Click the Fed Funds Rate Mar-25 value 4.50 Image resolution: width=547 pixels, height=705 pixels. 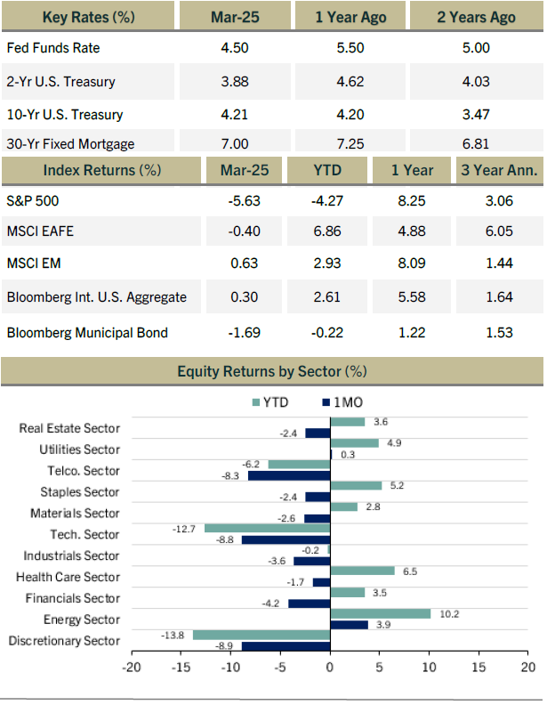pyautogui.click(x=235, y=48)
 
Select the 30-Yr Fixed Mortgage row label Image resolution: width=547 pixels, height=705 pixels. pyautogui.click(x=70, y=144)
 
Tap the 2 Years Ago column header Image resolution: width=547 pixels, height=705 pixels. pyautogui.click(x=476, y=17)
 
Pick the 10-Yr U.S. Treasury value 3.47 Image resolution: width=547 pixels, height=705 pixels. pyautogui.click(x=476, y=114)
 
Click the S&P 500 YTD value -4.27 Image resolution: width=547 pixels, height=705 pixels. pyautogui.click(x=327, y=200)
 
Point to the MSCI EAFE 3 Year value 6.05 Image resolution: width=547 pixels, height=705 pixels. pyautogui.click(x=499, y=231)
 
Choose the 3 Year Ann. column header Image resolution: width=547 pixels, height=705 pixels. pyautogui.click(x=499, y=170)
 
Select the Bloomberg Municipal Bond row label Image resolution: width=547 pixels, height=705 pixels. pyautogui.click(x=87, y=333)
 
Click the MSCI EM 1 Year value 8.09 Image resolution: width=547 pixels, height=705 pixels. pyautogui.click(x=412, y=263)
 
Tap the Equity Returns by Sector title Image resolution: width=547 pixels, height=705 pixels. pyautogui.click(x=272, y=371)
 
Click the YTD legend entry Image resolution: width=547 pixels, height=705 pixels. pyautogui.click(x=270, y=402)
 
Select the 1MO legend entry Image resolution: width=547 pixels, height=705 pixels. pyautogui.click(x=342, y=402)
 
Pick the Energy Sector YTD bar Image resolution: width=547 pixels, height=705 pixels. pyautogui.click(x=381, y=613)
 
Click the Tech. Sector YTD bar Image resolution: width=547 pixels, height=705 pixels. pyautogui.click(x=267, y=528)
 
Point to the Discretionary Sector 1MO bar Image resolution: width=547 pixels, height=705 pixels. pyautogui.click(x=286, y=646)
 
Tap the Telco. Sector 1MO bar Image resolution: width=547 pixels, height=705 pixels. pyautogui.click(x=289, y=475)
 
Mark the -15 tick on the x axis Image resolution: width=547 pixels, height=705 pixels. pyautogui.click(x=181, y=668)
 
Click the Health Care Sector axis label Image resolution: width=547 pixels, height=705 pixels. pyautogui.click(x=68, y=577)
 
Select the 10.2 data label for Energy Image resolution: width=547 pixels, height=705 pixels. pyautogui.click(x=449, y=614)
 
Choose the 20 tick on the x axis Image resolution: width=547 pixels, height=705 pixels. pyautogui.click(x=528, y=668)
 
